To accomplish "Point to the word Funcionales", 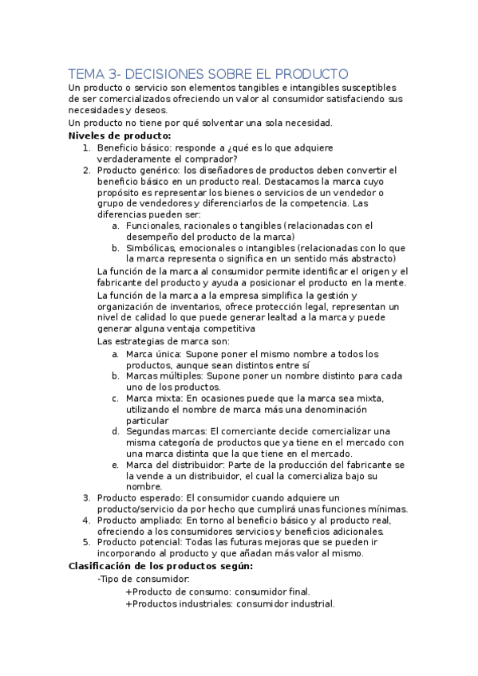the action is point(156,226).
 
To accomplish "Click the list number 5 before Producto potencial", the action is point(85,543).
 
